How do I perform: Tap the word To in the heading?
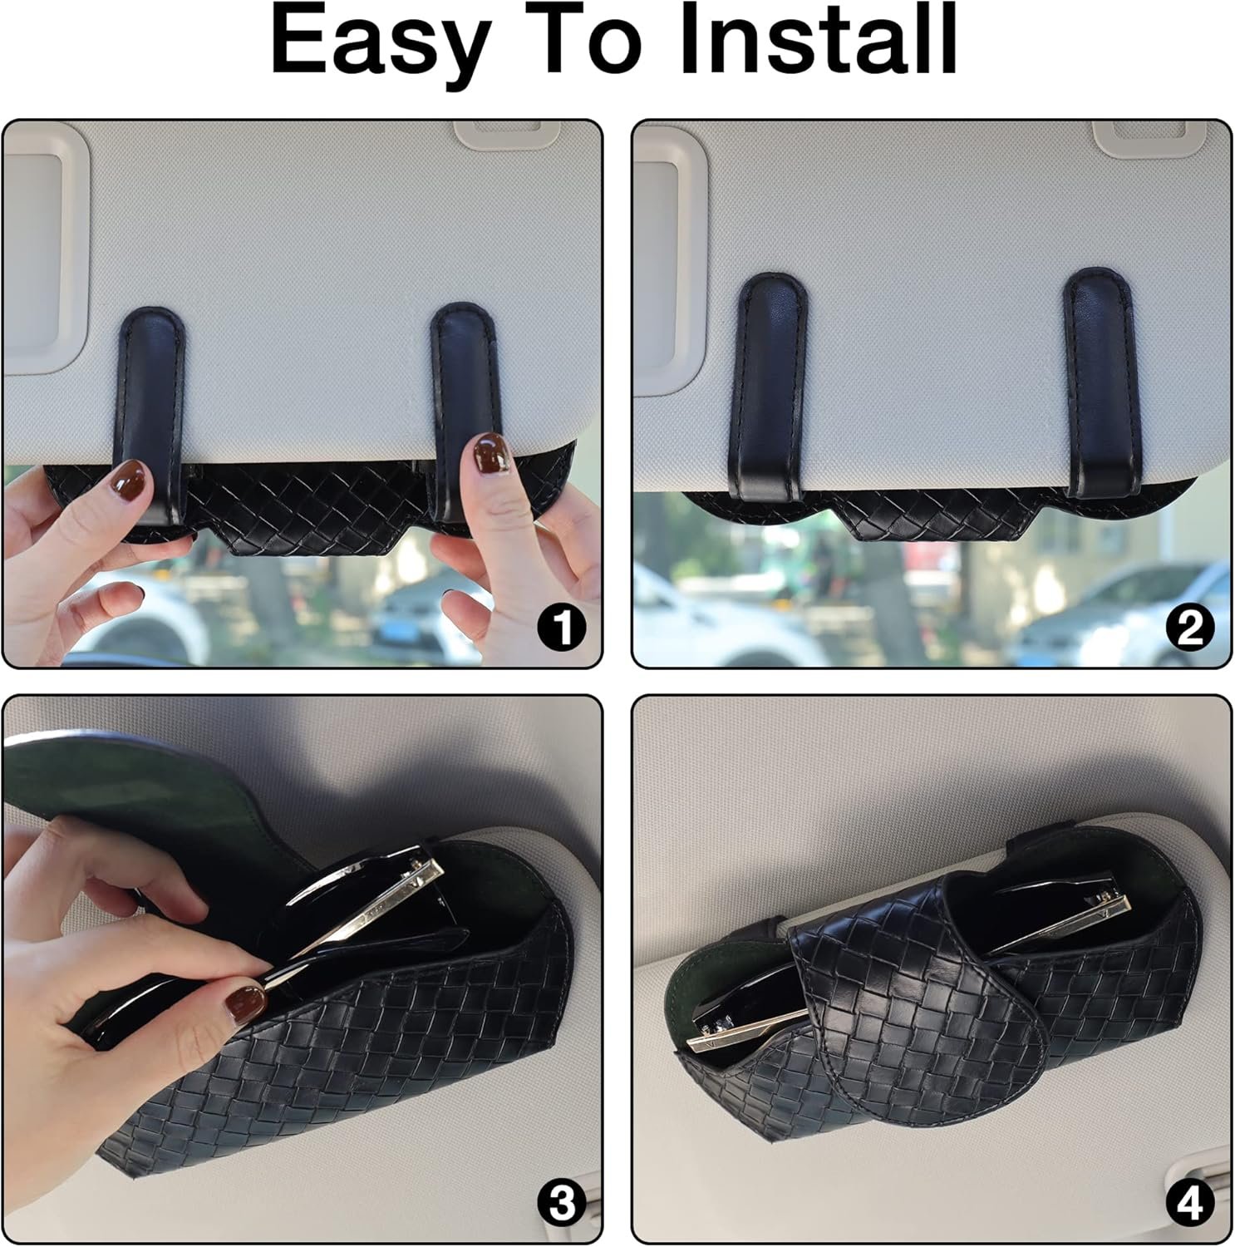[581, 40]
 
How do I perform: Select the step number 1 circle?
[562, 627]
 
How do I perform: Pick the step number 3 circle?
[562, 1203]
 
